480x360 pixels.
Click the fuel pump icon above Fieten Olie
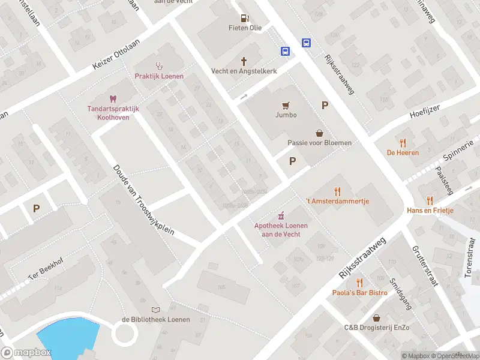pyautogui.click(x=245, y=18)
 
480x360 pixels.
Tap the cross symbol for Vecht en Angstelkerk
pyautogui.click(x=244, y=61)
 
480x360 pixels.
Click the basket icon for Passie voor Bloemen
pyautogui.click(x=319, y=133)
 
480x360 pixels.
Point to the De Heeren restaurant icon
pyautogui.click(x=403, y=143)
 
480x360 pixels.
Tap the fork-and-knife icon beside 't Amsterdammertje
pyautogui.click(x=337, y=192)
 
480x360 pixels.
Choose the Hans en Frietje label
pyautogui.click(x=430, y=211)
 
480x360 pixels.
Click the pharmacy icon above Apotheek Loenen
pyautogui.click(x=281, y=216)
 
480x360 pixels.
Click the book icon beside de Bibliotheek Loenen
pyautogui.click(x=156, y=310)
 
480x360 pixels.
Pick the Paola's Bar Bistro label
pyautogui.click(x=359, y=293)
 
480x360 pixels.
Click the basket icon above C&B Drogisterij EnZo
pyautogui.click(x=376, y=318)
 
